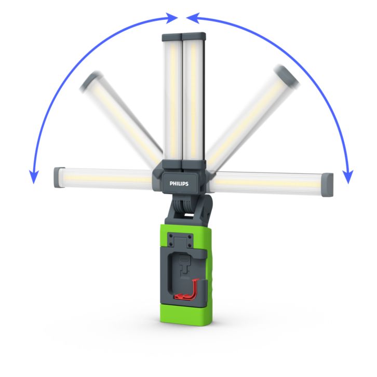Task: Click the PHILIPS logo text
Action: (179, 184)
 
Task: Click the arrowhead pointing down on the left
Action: (34, 177)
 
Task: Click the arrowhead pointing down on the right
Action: (348, 177)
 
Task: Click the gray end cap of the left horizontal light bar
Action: (58, 177)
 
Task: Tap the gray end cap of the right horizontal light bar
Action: (328, 185)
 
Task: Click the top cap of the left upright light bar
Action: (172, 37)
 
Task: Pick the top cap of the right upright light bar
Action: (194, 36)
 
